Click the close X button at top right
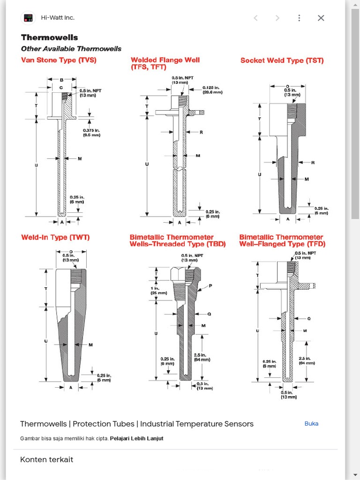click(321, 18)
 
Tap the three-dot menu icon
click(299, 18)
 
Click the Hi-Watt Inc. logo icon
click(29, 18)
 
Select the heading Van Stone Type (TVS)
click(59, 60)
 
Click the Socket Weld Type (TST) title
click(282, 60)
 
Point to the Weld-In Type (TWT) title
click(55, 237)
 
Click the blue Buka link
click(311, 423)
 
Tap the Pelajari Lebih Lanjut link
click(136, 439)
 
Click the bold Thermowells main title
click(49, 37)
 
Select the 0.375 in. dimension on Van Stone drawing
click(91, 132)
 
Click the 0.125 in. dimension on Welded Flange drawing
click(211, 90)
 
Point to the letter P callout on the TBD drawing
click(210, 285)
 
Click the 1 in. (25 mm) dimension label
click(158, 290)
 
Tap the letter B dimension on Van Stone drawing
click(61, 80)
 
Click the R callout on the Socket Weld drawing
click(313, 163)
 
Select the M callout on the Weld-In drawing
click(90, 345)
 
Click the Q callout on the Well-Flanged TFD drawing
click(309, 319)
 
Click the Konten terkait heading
click(46, 459)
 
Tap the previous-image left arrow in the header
click(255, 18)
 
